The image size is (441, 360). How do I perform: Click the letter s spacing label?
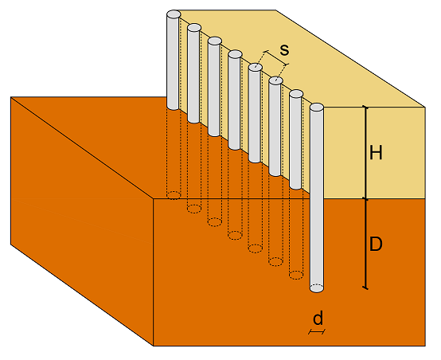pos(284,50)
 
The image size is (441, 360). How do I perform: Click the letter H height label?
pos(376,153)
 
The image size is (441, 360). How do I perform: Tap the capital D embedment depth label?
pos(376,244)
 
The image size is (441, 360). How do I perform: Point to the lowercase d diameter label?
pos(318,318)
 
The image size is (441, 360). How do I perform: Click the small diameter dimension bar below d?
pos(317,332)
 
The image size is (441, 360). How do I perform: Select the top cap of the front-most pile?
pos(317,108)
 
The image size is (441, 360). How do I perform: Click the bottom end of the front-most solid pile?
pos(317,288)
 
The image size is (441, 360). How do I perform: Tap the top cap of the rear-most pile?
pos(174,14)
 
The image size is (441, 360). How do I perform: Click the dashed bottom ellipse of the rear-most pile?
pos(174,195)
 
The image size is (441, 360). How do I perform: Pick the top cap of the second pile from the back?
pos(194,28)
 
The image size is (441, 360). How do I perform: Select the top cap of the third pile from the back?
pos(215,41)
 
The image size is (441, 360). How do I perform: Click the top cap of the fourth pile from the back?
pos(235,54)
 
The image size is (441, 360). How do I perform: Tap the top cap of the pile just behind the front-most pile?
pos(296,94)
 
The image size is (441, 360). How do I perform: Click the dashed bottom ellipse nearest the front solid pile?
pos(296,275)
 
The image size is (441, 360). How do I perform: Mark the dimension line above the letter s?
pos(277,58)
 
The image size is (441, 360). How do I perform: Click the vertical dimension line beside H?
pos(365,153)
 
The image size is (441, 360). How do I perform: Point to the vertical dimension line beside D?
pos(365,244)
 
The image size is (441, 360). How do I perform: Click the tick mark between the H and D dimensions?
pos(365,199)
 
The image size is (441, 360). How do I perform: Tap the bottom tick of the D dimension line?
pos(365,288)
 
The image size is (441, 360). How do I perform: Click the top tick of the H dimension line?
pos(365,107)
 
